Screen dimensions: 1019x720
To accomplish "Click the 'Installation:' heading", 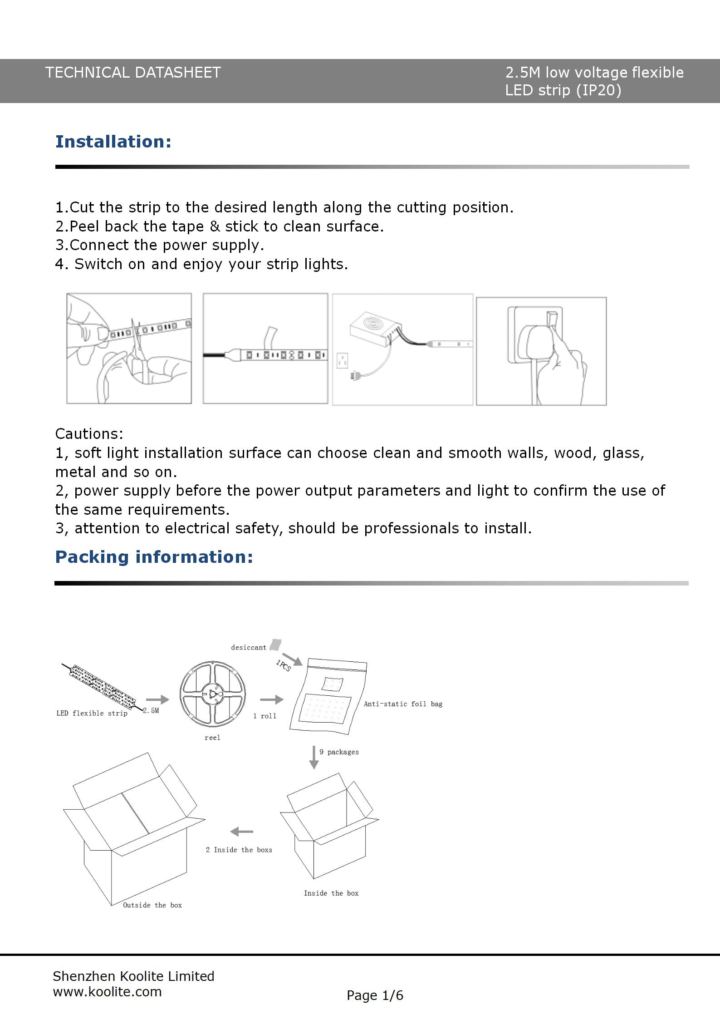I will coord(113,142).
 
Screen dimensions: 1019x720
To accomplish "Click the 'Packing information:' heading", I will coord(154,557).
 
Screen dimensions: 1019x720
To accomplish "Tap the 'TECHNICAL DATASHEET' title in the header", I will coord(133,73).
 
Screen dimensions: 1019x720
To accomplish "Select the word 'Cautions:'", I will coord(89,434).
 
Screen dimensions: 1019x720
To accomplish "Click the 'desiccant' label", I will coord(248,648).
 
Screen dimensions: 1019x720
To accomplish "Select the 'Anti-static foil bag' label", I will coord(403,704).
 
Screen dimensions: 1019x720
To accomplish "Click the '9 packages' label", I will coord(339,752).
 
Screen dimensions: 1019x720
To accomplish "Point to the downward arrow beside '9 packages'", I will coord(313,757).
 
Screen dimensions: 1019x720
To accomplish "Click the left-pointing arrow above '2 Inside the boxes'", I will coord(241,832).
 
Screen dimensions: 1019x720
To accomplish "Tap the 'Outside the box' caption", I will coord(152,905).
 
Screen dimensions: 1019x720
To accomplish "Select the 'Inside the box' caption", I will coord(331,893).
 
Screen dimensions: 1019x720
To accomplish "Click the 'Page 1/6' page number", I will coord(375,995).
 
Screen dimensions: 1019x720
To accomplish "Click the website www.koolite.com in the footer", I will coord(108,992).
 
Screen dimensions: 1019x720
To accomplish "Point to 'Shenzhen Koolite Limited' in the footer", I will coord(133,976).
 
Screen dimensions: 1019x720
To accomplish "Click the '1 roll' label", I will coord(264,716).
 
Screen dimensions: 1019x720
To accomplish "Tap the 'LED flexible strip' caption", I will coord(92,713).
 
